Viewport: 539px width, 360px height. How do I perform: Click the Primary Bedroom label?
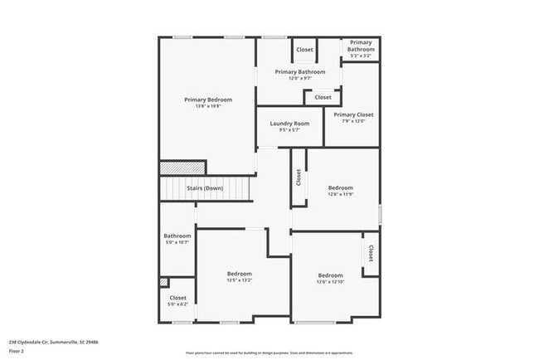(208, 100)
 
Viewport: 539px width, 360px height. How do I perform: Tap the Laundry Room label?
(289, 124)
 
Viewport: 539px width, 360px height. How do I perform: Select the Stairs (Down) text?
(204, 188)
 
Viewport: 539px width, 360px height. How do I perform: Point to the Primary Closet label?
(353, 114)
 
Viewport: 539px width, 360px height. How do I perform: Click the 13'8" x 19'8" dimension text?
(208, 106)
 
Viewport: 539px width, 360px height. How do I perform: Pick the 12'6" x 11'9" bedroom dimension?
(340, 194)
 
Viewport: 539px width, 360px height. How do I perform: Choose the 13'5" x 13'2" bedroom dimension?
(240, 280)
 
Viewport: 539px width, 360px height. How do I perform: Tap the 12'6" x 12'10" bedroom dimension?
(330, 282)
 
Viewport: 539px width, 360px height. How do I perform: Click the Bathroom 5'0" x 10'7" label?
(177, 236)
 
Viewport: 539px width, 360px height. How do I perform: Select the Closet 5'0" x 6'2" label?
(178, 298)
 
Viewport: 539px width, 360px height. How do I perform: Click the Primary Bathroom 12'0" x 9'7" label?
(300, 72)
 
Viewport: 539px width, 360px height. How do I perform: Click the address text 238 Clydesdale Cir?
(54, 341)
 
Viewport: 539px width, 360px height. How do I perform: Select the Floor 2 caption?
(17, 350)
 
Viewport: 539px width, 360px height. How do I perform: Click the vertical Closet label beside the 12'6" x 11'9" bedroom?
(299, 177)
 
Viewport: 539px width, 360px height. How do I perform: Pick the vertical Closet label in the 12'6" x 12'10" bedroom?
(371, 252)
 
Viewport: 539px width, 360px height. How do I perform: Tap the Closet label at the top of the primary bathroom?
(304, 50)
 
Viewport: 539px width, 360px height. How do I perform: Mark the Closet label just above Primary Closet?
(323, 97)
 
